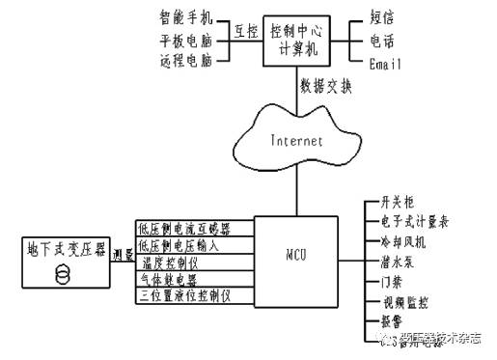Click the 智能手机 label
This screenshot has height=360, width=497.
click(x=189, y=18)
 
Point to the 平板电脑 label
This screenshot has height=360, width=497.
click(x=189, y=41)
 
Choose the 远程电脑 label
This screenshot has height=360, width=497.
click(x=189, y=62)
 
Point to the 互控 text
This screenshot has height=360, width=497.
click(x=245, y=31)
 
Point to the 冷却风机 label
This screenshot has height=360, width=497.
click(x=398, y=241)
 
